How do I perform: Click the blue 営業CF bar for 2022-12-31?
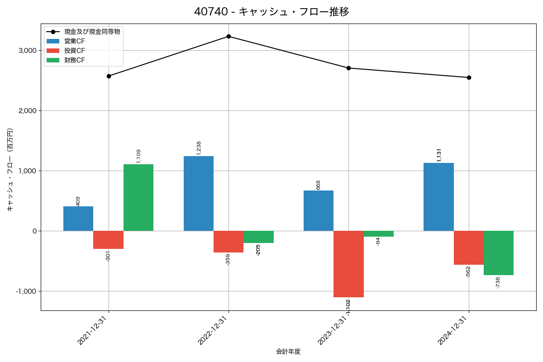point(198,194)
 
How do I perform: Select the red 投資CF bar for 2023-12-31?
point(348,264)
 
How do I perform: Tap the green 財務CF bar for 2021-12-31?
point(138,198)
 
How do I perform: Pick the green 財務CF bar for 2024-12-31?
point(499,253)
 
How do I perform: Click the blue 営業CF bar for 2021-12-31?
point(78,219)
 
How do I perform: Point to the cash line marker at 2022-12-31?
point(229,36)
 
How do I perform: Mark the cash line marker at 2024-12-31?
point(469,77)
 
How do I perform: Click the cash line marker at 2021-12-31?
point(109,76)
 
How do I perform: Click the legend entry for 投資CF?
point(74,51)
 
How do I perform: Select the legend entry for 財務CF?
point(74,60)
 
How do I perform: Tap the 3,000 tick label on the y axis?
point(28,51)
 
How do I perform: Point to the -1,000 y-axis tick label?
point(26,291)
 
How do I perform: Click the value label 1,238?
point(199,148)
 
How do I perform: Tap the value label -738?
point(498,283)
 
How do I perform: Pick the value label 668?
point(318,185)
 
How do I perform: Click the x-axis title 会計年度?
point(288,352)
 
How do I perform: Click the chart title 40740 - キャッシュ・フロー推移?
point(271,12)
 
